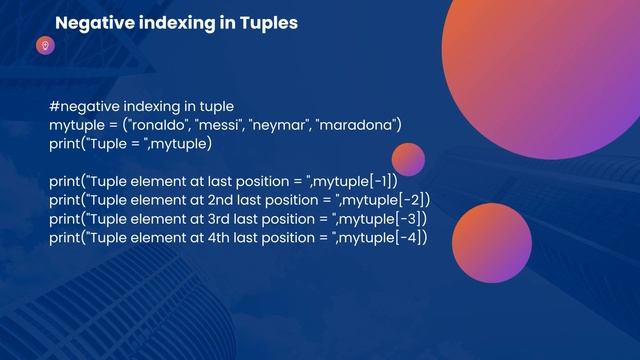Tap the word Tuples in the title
click(x=267, y=22)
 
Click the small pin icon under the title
click(x=44, y=45)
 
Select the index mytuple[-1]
click(x=357, y=181)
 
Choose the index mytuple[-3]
click(x=384, y=218)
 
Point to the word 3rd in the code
click(x=222, y=218)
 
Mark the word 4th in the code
click(x=222, y=237)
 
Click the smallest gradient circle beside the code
click(x=408, y=159)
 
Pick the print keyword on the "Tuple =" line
click(x=65, y=143)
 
